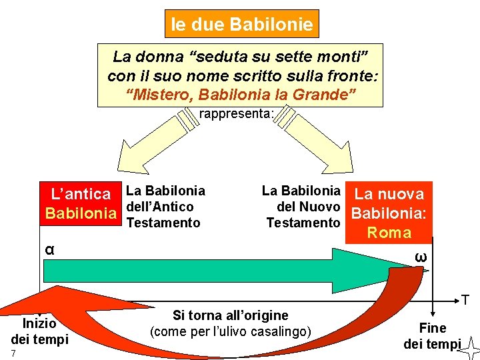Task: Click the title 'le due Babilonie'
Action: (242, 25)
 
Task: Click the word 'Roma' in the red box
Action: (390, 233)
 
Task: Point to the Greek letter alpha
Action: (49, 249)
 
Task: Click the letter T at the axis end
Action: (465, 301)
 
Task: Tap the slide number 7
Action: (13, 352)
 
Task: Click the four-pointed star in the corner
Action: (469, 347)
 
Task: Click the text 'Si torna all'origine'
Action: (231, 315)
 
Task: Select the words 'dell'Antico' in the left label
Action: (159, 207)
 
